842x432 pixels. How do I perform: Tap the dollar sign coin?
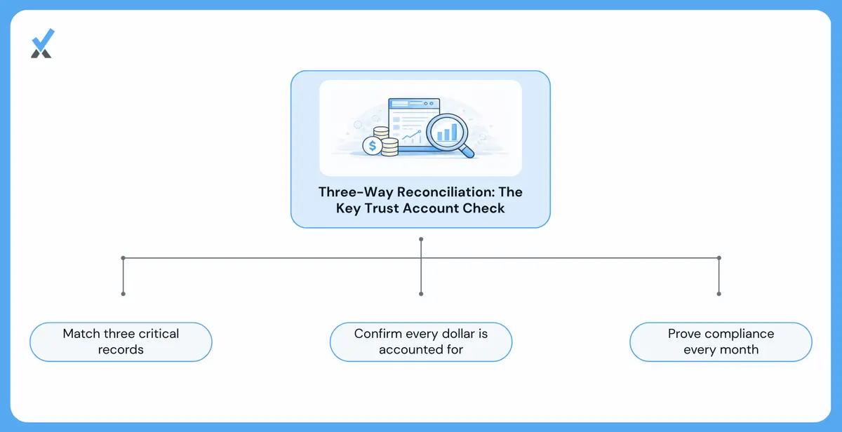coord(372,145)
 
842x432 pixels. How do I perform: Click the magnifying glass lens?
coord(446,132)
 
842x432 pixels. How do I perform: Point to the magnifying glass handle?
coord(467,151)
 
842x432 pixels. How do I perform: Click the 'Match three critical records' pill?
coord(121,342)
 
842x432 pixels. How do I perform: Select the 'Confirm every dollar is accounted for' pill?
coord(421,342)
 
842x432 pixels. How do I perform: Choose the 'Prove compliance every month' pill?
coord(721,342)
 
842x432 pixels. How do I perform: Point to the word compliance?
coord(738,334)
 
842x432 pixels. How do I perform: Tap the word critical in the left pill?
coord(159,334)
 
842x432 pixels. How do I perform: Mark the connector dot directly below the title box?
coord(421,239)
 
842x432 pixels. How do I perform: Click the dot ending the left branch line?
coord(123,294)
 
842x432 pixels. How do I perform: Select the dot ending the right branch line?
coord(719,294)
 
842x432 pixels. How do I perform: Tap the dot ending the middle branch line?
coord(421,294)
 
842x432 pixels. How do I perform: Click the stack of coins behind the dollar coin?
coord(387,142)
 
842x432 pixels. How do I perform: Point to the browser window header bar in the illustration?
coord(414,103)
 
